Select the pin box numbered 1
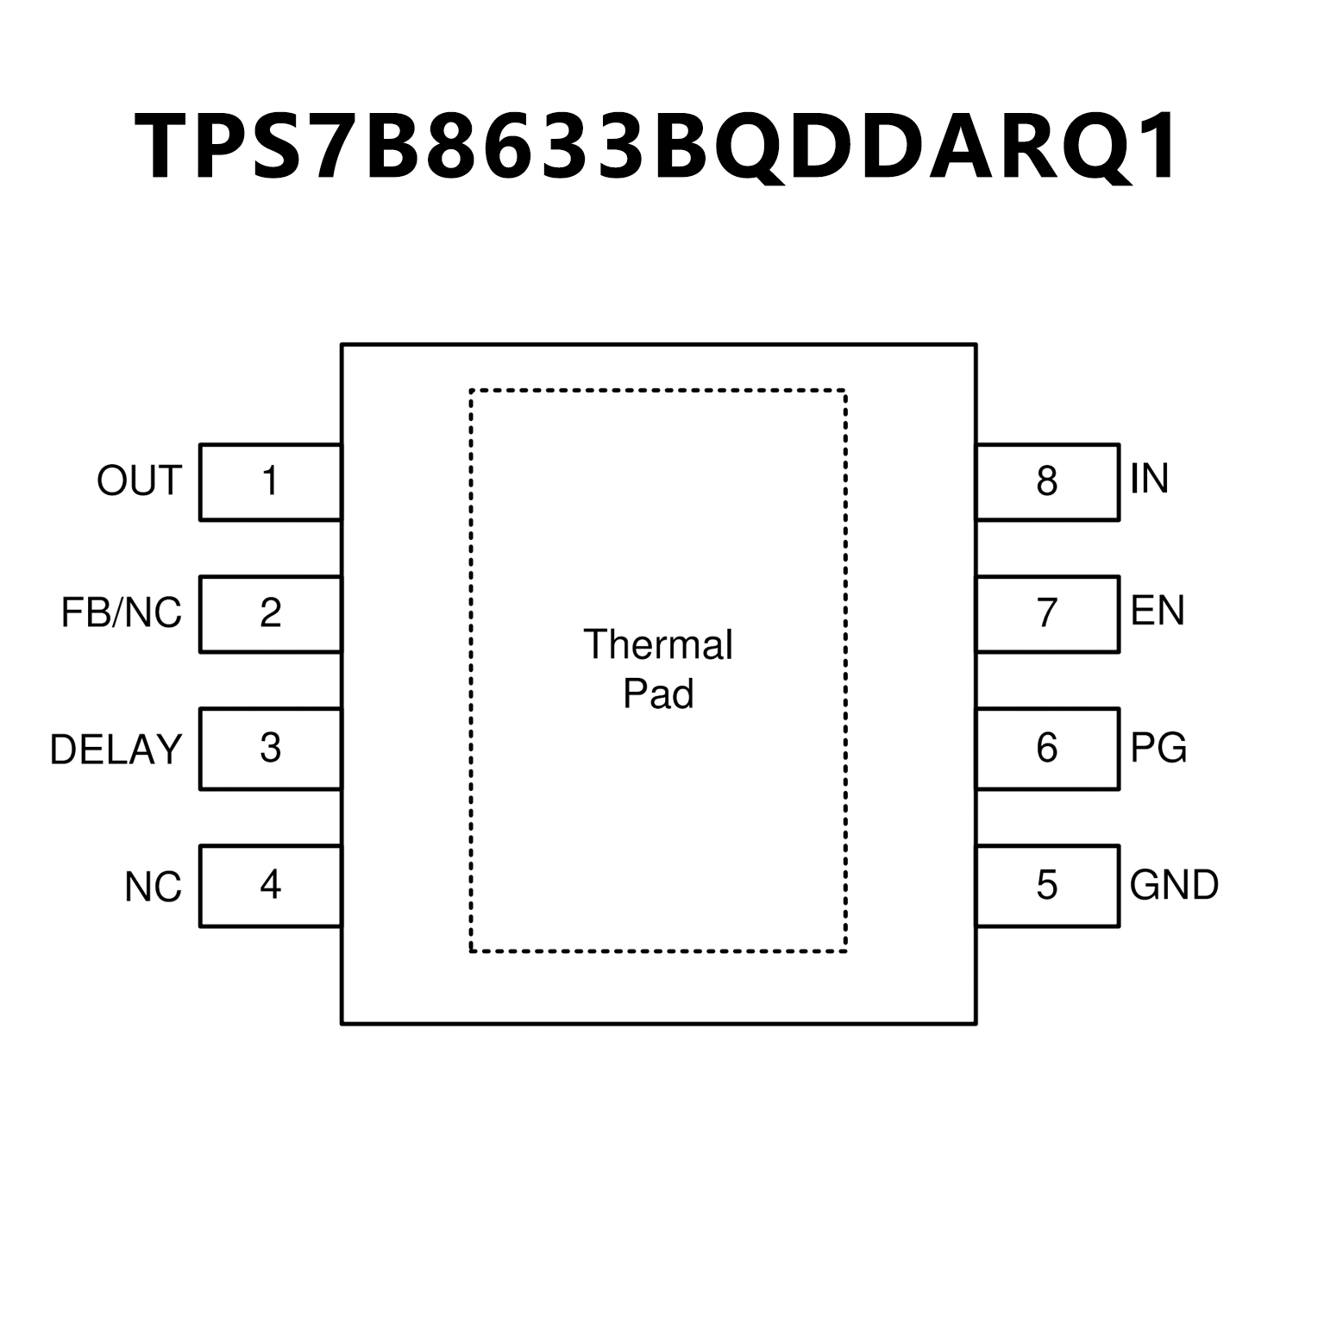click(270, 482)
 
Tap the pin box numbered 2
click(270, 614)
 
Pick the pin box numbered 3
click(270, 749)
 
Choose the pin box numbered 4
click(270, 886)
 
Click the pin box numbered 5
click(1048, 886)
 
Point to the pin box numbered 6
click(1048, 749)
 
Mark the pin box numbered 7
click(1048, 614)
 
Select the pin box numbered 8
click(1048, 482)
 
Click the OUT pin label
click(139, 480)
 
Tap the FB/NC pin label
click(122, 612)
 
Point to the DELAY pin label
click(116, 750)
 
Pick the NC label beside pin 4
click(154, 887)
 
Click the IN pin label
click(1150, 478)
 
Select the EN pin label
click(1158, 611)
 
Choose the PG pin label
click(1158, 747)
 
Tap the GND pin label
click(1174, 884)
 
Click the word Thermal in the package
click(658, 644)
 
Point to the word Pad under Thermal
click(658, 693)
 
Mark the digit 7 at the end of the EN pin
click(1047, 613)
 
